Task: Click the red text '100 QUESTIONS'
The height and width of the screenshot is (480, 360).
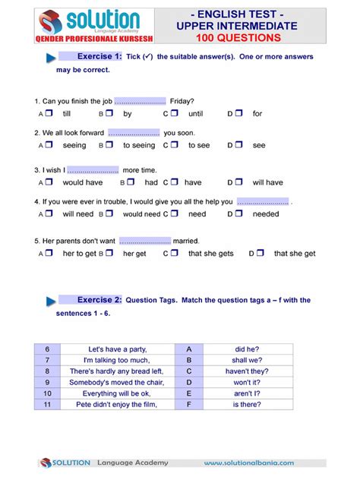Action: click(x=237, y=37)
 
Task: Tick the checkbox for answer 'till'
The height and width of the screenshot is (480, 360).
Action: click(x=49, y=113)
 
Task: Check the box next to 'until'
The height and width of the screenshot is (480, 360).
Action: click(x=174, y=113)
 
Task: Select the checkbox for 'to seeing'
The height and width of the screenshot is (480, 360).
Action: click(x=109, y=144)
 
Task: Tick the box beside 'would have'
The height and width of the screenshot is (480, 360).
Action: click(x=49, y=182)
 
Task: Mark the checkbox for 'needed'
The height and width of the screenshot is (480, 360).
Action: click(x=238, y=214)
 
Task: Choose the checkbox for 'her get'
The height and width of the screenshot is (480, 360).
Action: click(x=109, y=253)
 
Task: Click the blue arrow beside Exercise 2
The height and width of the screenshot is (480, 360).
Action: click(x=51, y=302)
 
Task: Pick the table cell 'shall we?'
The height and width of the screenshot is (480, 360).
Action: click(x=248, y=360)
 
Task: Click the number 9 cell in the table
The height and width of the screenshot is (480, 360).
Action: click(x=47, y=383)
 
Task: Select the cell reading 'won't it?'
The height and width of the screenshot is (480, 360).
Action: click(x=248, y=383)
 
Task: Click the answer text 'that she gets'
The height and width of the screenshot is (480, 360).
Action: click(x=211, y=254)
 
